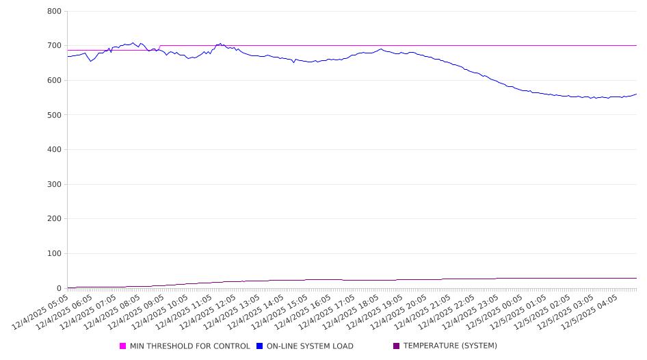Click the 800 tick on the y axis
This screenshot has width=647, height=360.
55,12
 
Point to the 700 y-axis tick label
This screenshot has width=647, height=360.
55,46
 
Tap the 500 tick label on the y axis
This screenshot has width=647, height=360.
55,115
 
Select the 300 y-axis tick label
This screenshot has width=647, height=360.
55,184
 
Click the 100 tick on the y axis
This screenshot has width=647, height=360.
55,254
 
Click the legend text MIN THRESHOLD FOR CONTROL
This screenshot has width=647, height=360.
189,346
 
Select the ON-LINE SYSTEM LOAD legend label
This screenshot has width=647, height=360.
310,346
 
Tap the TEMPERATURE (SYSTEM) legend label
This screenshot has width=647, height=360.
450,346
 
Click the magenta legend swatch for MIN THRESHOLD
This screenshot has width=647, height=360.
123,346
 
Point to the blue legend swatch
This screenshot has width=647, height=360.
260,346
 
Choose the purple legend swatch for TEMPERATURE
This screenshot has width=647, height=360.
397,346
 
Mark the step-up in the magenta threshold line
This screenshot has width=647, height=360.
159,48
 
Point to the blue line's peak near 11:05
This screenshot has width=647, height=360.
220,44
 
